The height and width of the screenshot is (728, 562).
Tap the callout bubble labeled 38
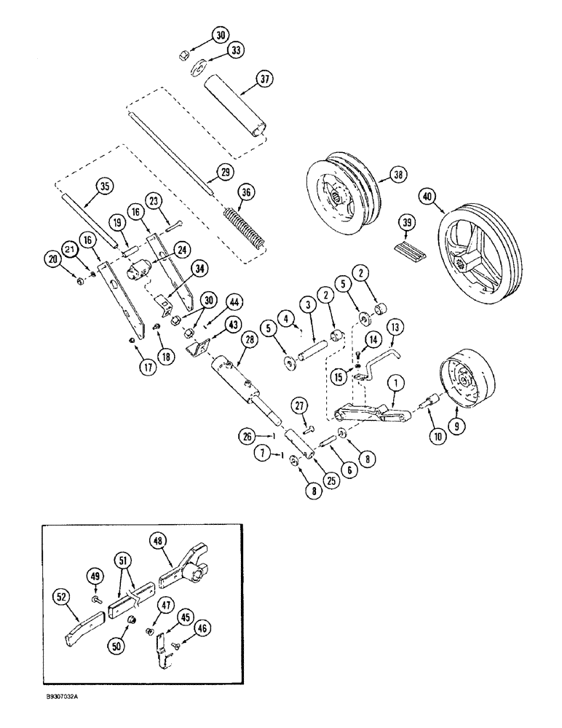(x=397, y=175)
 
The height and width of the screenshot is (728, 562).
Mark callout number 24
(x=182, y=250)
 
